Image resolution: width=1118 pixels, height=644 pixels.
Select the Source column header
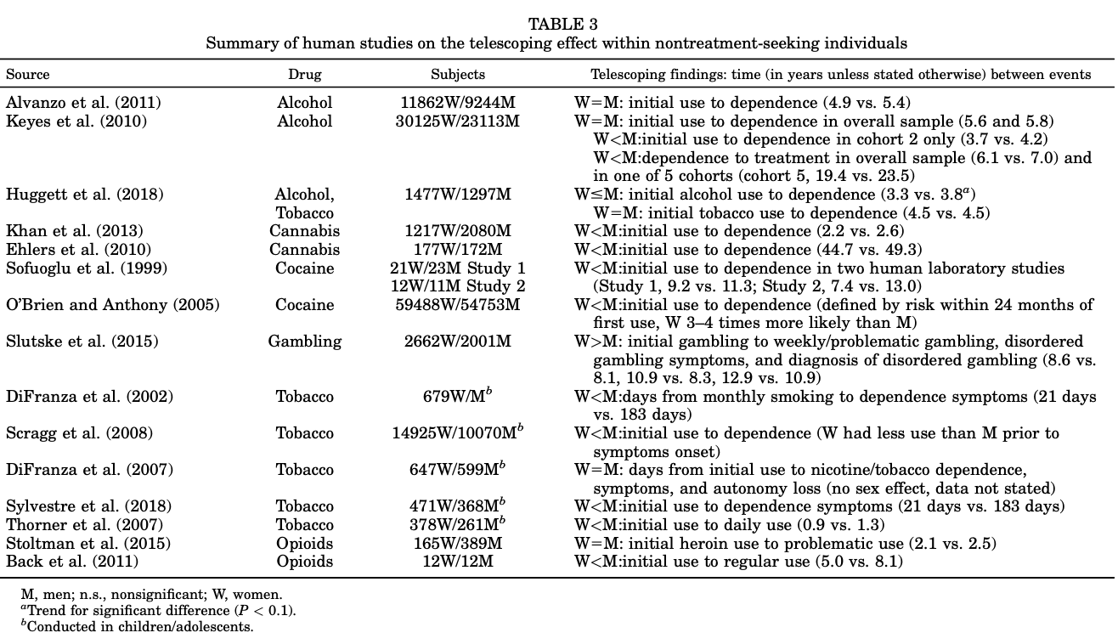[28, 75]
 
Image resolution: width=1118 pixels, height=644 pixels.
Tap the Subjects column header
[458, 75]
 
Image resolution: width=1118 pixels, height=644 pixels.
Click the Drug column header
[304, 75]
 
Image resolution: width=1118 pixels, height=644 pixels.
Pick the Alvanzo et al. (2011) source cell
[83, 103]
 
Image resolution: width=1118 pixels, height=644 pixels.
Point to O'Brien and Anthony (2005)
[113, 305]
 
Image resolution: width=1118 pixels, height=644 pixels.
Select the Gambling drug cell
[304, 342]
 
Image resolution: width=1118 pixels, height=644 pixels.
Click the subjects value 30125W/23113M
[458, 121]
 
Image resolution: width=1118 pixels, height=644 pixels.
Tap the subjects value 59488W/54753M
[458, 305]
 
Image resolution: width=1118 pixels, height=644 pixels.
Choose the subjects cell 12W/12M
[458, 562]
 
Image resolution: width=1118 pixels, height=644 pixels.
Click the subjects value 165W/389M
[458, 543]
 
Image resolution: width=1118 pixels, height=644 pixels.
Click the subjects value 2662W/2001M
[458, 342]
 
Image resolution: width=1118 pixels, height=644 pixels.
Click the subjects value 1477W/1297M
[458, 195]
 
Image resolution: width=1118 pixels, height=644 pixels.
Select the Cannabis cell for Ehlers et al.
[304, 250]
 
